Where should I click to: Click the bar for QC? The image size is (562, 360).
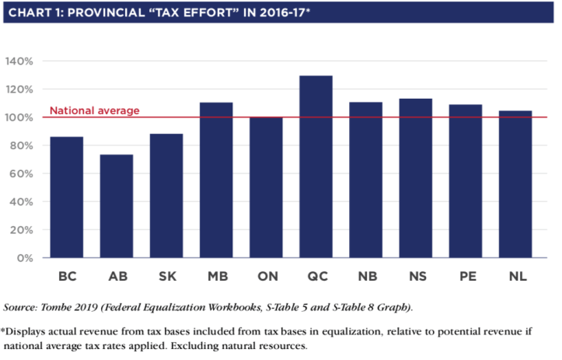(x=316, y=166)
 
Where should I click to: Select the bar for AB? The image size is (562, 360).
(x=117, y=206)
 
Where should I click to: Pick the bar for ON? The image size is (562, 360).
(x=266, y=187)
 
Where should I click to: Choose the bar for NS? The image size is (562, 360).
(x=415, y=178)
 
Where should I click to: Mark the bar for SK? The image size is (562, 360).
(x=166, y=196)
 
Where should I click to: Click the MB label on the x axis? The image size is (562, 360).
(x=216, y=277)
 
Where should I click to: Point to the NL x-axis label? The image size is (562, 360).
(x=515, y=277)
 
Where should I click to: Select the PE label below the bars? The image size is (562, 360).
(x=465, y=277)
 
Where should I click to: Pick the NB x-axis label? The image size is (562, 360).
(x=365, y=277)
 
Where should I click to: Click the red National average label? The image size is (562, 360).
(x=95, y=110)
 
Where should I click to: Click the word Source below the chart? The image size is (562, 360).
(x=19, y=307)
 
